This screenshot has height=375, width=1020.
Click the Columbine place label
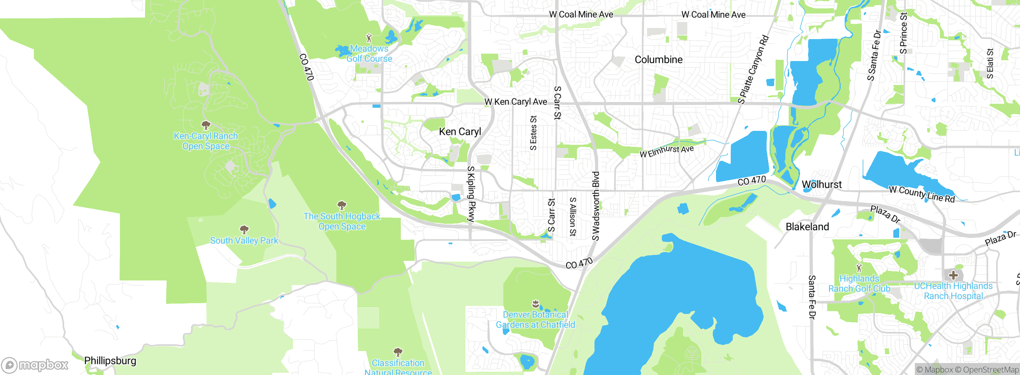(658, 60)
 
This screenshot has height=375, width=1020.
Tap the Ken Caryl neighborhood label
(460, 132)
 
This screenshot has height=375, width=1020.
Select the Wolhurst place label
(822, 185)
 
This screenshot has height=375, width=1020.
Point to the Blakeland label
(807, 227)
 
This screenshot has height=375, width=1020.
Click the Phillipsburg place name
(110, 361)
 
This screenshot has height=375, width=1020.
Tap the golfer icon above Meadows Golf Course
(369, 38)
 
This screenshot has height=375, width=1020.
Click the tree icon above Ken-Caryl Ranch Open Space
(206, 125)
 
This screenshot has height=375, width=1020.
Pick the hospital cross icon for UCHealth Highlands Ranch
(953, 275)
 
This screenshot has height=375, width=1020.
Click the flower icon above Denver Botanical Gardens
(535, 304)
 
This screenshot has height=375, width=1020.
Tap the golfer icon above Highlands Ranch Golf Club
(859, 268)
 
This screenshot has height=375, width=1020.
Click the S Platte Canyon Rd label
(753, 69)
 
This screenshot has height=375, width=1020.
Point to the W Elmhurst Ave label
(667, 151)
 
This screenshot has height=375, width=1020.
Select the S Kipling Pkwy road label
(471, 194)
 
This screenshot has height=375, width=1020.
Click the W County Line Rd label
(922, 194)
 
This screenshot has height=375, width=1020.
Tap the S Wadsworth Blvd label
(595, 206)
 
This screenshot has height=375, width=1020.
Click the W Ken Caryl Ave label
(516, 102)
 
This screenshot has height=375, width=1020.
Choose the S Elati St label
(990, 63)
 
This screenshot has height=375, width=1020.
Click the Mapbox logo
(35, 365)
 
